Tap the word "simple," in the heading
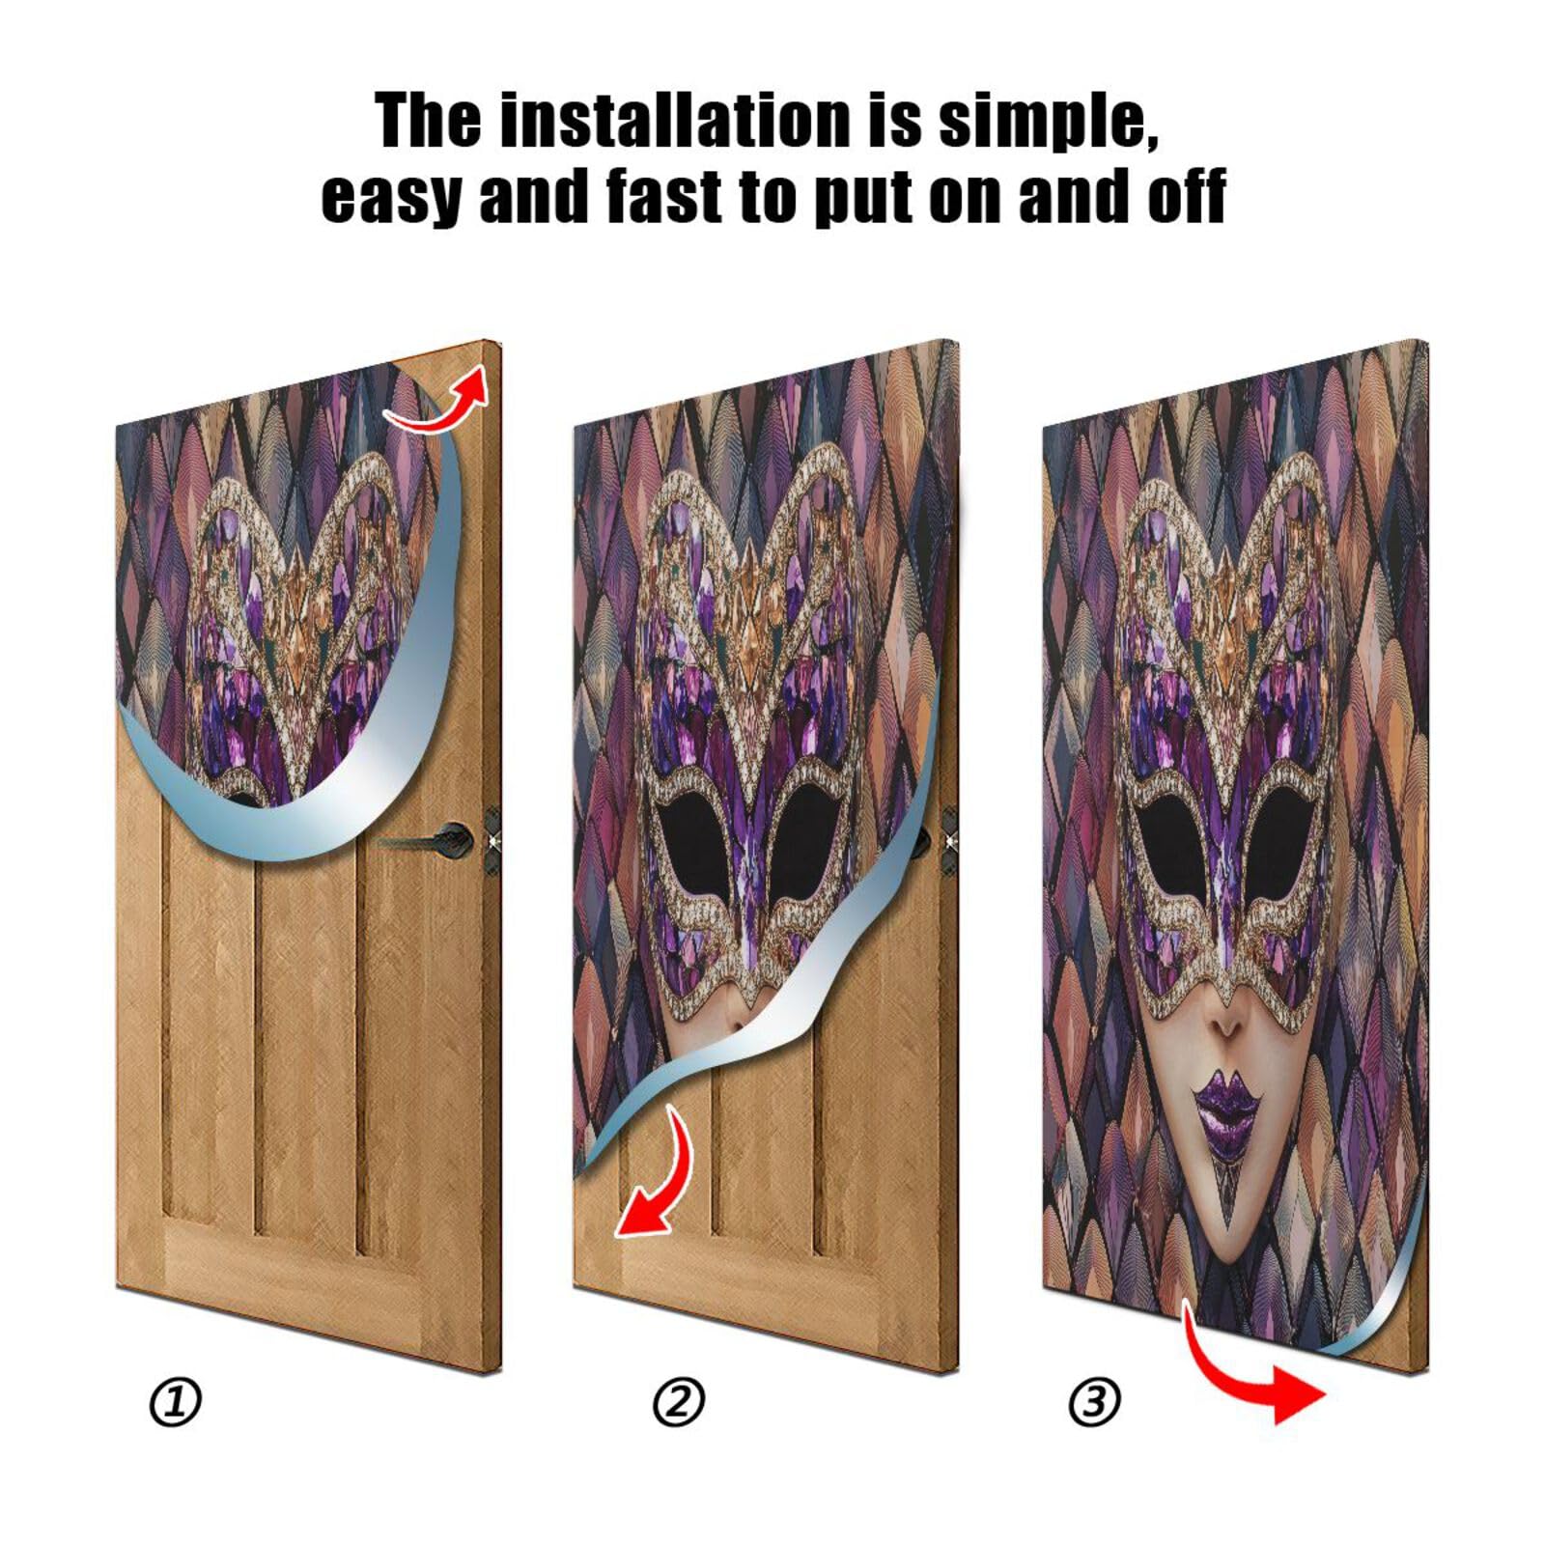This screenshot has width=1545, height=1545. pyautogui.click(x=1048, y=121)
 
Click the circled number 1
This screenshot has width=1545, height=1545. pyautogui.click(x=176, y=1402)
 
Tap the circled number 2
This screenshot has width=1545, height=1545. pyautogui.click(x=679, y=1402)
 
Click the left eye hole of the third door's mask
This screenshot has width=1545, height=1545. pyautogui.click(x=1173, y=850)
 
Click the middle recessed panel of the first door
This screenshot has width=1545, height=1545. pyautogui.click(x=304, y=1043)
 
